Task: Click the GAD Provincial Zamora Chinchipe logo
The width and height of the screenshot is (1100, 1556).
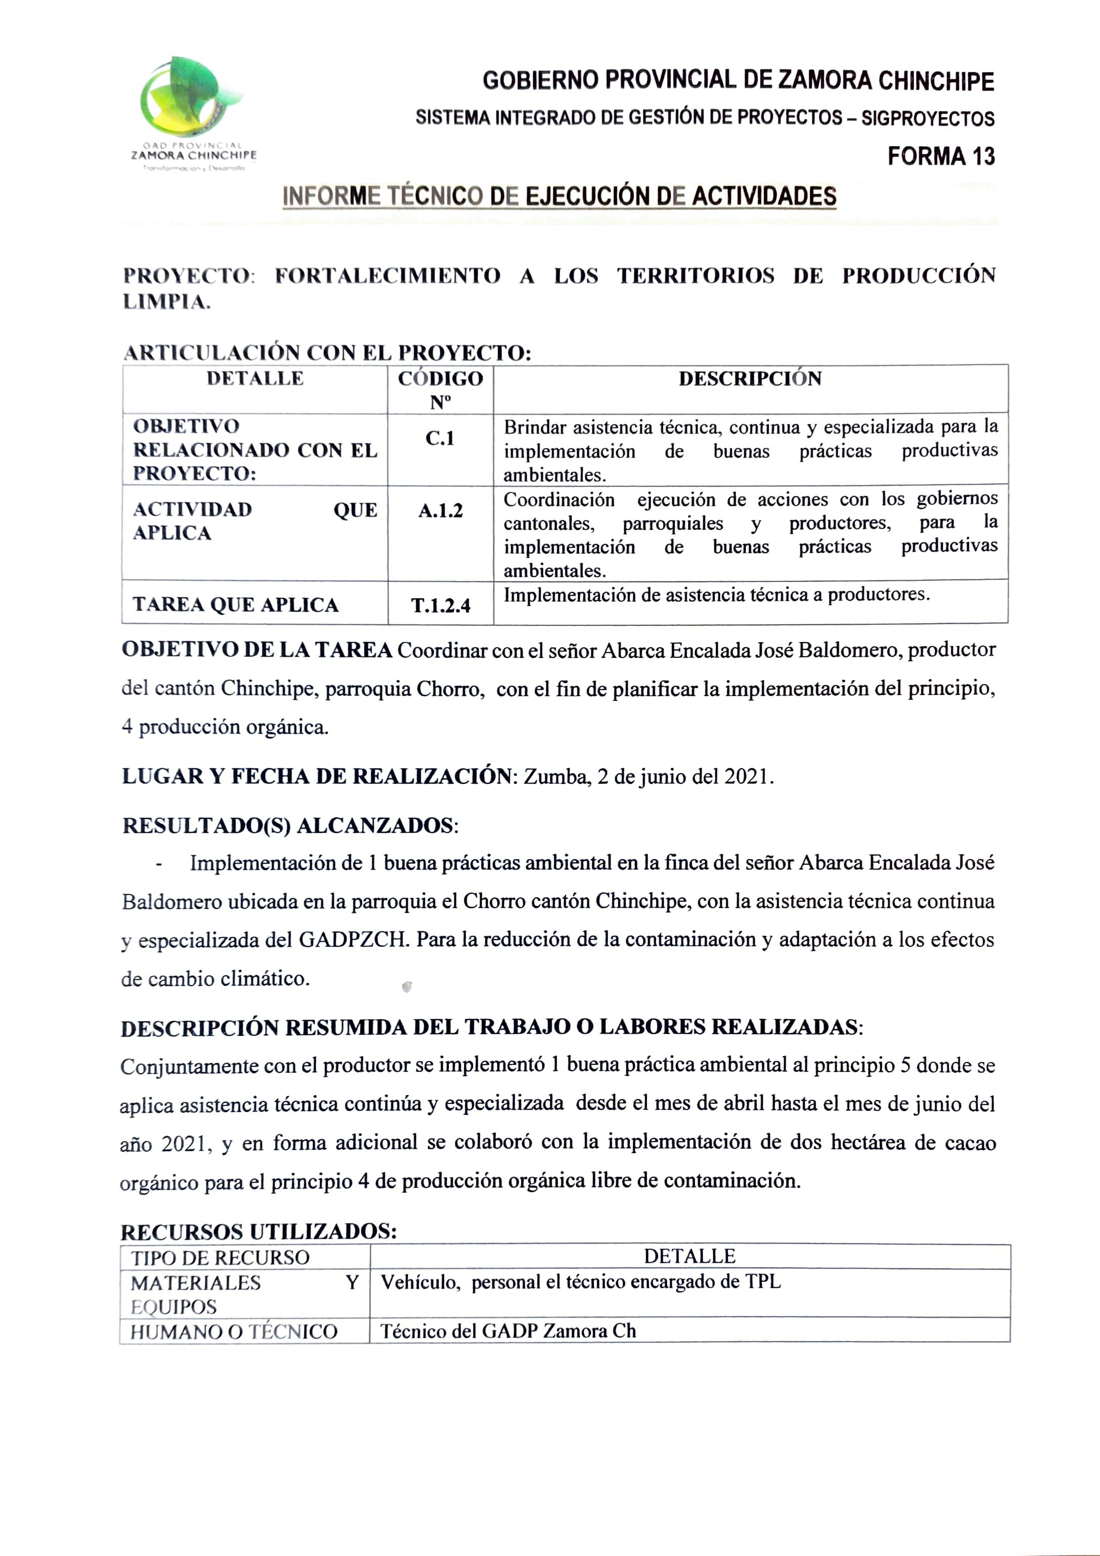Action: tap(192, 112)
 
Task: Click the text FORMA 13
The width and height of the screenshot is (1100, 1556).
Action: tap(941, 157)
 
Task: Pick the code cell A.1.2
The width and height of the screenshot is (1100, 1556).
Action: tap(440, 510)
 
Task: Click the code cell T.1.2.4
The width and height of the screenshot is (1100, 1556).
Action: tap(440, 605)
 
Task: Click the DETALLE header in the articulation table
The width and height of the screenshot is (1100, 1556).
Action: tap(255, 379)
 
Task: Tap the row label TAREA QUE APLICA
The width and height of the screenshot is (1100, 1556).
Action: tap(236, 605)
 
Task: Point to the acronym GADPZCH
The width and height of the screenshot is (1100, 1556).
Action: tap(354, 940)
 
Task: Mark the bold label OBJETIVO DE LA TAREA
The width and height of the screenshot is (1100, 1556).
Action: tap(257, 650)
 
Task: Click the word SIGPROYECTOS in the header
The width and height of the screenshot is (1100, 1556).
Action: tap(927, 119)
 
